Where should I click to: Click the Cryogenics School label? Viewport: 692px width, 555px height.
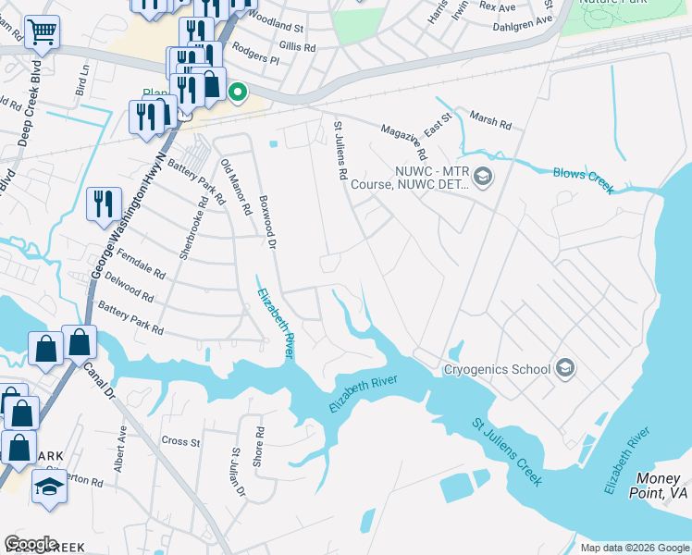point(497,370)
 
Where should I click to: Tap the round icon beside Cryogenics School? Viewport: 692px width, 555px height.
point(565,369)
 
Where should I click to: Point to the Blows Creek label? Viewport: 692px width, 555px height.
point(583,179)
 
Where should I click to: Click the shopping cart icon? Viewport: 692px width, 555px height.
point(42,33)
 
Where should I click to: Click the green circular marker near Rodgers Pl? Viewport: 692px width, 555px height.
point(237,92)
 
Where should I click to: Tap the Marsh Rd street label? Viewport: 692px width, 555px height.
point(489,120)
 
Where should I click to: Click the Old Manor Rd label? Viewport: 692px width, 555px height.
point(235,187)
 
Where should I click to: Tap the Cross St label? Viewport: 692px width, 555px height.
point(180,441)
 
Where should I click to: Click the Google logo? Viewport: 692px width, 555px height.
point(31,543)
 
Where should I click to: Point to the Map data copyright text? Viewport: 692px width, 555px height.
point(633,548)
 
